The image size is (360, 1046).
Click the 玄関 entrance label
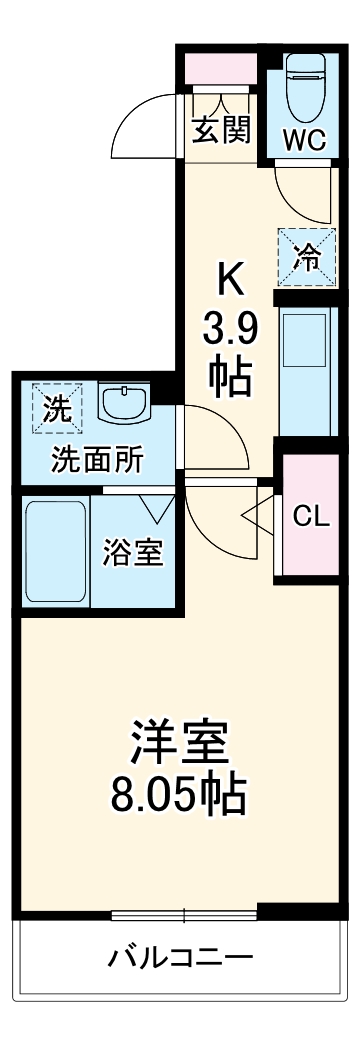[221, 130]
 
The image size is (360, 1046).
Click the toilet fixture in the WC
[304, 88]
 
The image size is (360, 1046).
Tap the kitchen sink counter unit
[306, 371]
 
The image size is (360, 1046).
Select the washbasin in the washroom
[124, 405]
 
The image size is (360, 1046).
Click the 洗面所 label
[98, 461]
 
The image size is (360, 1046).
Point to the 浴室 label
[132, 553]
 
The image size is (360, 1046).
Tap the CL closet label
[310, 516]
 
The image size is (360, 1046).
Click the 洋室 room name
[180, 741]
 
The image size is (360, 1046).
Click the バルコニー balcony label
[180, 956]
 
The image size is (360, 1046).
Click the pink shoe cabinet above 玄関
[220, 71]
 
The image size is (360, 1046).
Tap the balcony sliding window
[185, 913]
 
